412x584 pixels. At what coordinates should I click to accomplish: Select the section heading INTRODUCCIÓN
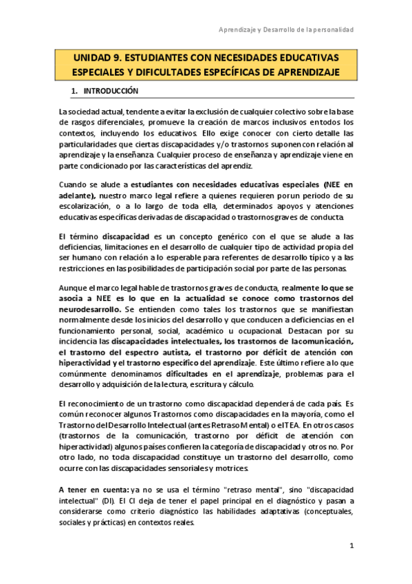click(111, 91)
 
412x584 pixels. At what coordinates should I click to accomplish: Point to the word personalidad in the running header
click(332, 30)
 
